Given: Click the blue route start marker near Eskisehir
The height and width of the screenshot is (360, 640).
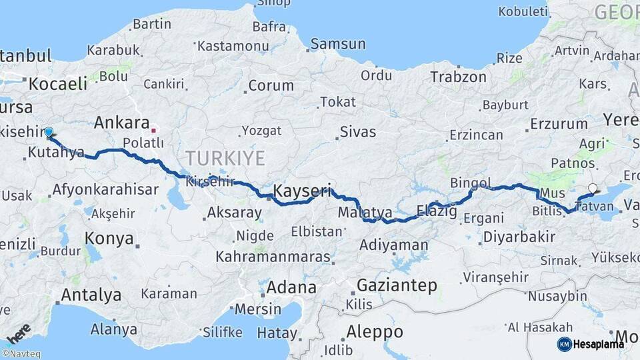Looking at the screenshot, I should [49, 132].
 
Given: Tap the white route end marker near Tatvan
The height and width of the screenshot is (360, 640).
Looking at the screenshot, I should [593, 189].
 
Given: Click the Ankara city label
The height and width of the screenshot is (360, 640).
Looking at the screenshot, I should [121, 123].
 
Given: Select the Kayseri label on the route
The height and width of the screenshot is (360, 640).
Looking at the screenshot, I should [302, 191].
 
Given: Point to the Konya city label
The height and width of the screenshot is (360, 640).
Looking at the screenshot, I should [109, 239].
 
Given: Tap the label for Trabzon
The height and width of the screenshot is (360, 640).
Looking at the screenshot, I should [458, 77].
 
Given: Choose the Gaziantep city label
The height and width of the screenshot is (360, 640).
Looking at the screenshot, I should [397, 286].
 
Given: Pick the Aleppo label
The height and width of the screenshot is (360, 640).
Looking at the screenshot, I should [375, 331].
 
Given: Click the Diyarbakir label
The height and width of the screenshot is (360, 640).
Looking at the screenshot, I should [509, 237].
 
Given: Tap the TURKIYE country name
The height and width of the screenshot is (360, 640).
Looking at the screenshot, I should [225, 158].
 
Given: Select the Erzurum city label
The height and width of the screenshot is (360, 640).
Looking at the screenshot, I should [559, 124].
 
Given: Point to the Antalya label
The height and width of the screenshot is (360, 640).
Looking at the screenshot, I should [91, 294].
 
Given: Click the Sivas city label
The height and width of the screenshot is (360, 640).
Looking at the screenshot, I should [357, 131].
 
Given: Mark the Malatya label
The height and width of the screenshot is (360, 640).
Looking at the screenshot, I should [365, 213].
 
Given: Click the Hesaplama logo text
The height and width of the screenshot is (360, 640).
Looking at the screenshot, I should [600, 344].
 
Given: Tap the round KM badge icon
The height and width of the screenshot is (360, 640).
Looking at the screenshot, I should [565, 344].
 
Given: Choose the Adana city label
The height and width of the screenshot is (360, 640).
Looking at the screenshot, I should [291, 288].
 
